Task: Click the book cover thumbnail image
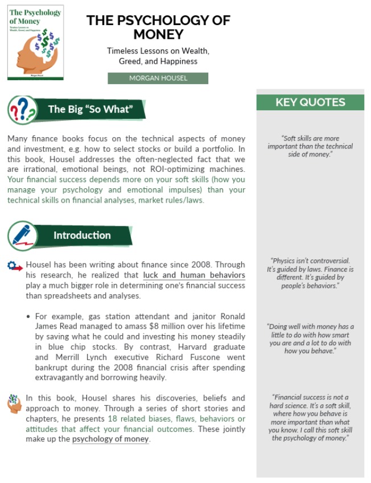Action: [x=35, y=42]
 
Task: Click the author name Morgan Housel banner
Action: [x=158, y=79]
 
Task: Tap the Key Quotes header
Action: [x=310, y=102]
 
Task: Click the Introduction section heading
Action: [x=82, y=235]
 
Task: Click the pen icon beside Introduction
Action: [x=22, y=235]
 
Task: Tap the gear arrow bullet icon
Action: [x=15, y=266]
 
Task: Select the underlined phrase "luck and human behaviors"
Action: [x=194, y=275]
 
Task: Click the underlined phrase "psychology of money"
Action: [x=110, y=439]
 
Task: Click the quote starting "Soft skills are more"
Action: [x=310, y=146]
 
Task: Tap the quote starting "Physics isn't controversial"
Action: [x=310, y=273]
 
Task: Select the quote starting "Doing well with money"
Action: [x=310, y=338]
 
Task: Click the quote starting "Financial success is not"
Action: [x=310, y=418]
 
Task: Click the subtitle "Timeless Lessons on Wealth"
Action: [x=158, y=51]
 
